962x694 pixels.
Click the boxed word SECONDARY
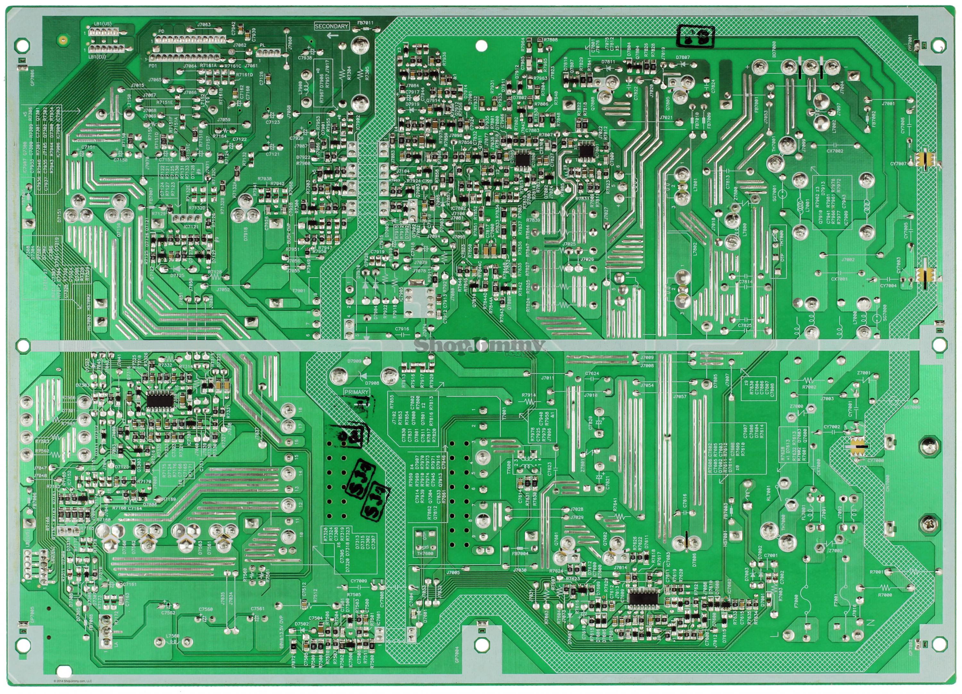click(331, 26)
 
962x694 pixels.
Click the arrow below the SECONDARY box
click(333, 35)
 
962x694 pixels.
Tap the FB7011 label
click(365, 22)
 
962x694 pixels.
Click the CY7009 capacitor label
click(359, 581)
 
